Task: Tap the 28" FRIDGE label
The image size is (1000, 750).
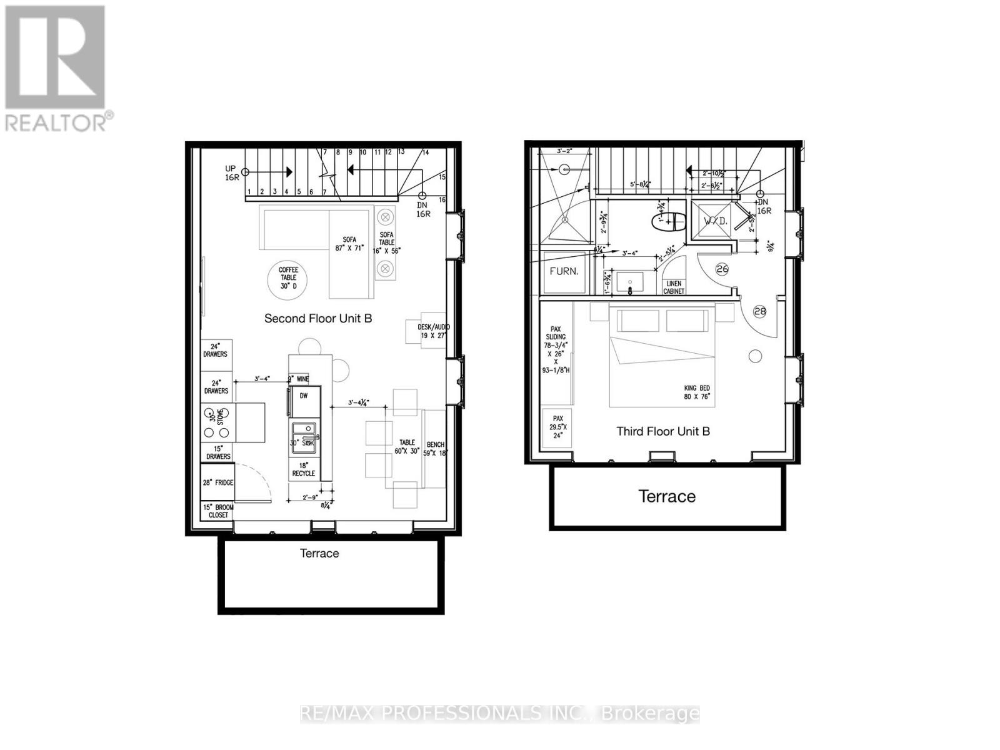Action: point(217,482)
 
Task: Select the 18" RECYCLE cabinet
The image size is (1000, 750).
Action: point(304,469)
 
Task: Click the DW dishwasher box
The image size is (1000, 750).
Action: point(304,396)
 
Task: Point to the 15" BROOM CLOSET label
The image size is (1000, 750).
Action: point(218,511)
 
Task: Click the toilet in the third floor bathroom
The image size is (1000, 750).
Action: point(669,222)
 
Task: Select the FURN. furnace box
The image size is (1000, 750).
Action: point(564,272)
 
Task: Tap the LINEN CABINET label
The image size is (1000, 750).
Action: point(674,287)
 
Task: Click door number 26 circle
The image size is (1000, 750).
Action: point(722,269)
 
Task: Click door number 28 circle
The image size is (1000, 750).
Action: point(760,311)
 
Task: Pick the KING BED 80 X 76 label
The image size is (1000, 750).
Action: point(697,392)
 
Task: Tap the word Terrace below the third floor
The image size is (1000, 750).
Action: point(667,496)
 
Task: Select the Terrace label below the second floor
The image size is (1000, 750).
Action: point(319,553)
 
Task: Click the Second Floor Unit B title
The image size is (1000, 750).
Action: point(318,318)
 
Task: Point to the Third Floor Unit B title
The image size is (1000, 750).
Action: point(663,431)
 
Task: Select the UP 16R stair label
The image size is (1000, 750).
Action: point(232,173)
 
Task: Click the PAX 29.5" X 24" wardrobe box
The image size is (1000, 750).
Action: point(558,427)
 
